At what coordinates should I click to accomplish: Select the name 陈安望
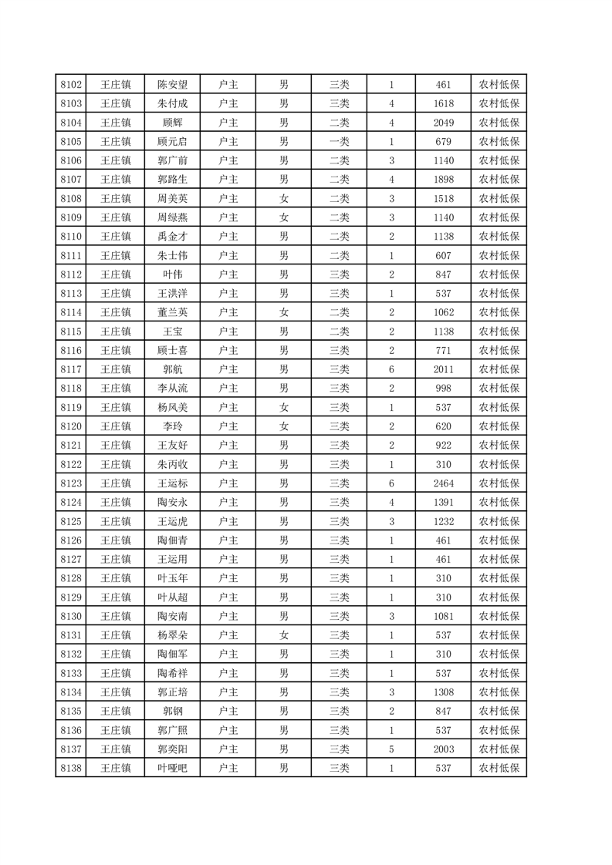click(172, 85)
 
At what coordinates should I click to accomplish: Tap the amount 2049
click(443, 123)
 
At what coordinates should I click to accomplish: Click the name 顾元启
click(172, 142)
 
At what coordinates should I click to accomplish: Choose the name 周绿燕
click(172, 217)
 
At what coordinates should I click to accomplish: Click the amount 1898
click(443, 180)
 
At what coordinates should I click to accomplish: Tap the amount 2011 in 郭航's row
click(443, 369)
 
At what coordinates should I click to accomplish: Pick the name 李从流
click(172, 389)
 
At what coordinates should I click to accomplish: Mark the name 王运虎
click(172, 521)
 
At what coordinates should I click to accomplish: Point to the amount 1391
click(443, 502)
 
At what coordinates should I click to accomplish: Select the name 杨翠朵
click(172, 635)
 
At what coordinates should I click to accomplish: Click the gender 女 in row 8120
click(284, 426)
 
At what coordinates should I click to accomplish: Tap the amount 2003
click(443, 749)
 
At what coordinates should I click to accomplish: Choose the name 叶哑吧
click(172, 768)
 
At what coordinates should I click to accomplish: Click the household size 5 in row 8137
click(392, 749)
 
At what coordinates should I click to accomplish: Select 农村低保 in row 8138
click(499, 768)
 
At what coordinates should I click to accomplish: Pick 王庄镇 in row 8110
click(116, 237)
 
